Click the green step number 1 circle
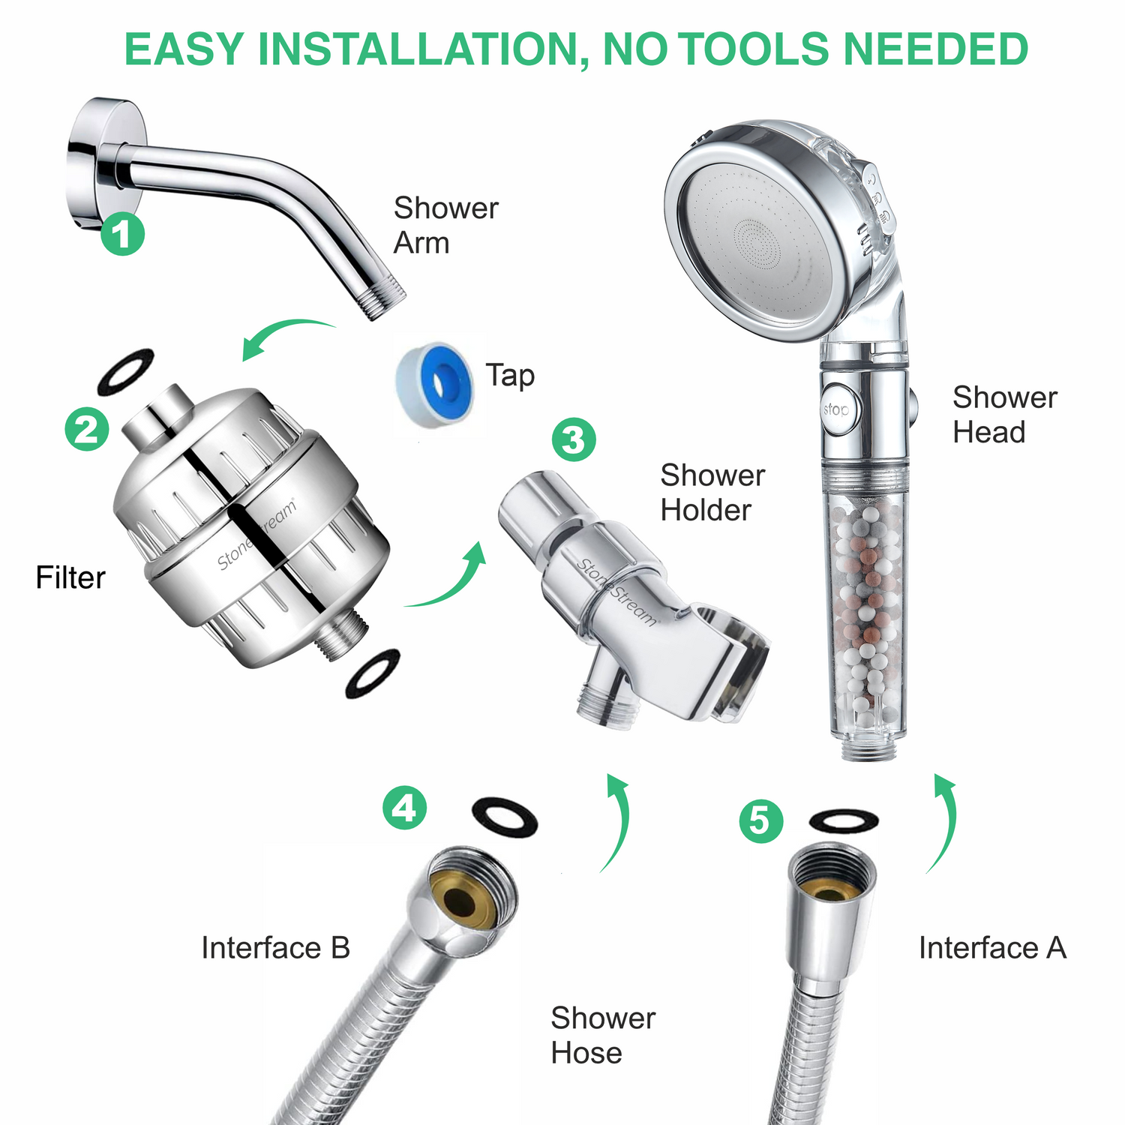[122, 233]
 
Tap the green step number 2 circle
[87, 429]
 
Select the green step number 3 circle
[574, 439]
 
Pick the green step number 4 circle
[404, 808]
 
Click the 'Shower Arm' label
[445, 225]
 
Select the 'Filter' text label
[70, 577]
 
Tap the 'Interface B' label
[275, 948]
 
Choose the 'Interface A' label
[992, 948]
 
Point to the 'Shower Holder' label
[712, 492]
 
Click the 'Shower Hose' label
[602, 1035]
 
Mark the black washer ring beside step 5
[844, 820]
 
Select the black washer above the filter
[125, 372]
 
